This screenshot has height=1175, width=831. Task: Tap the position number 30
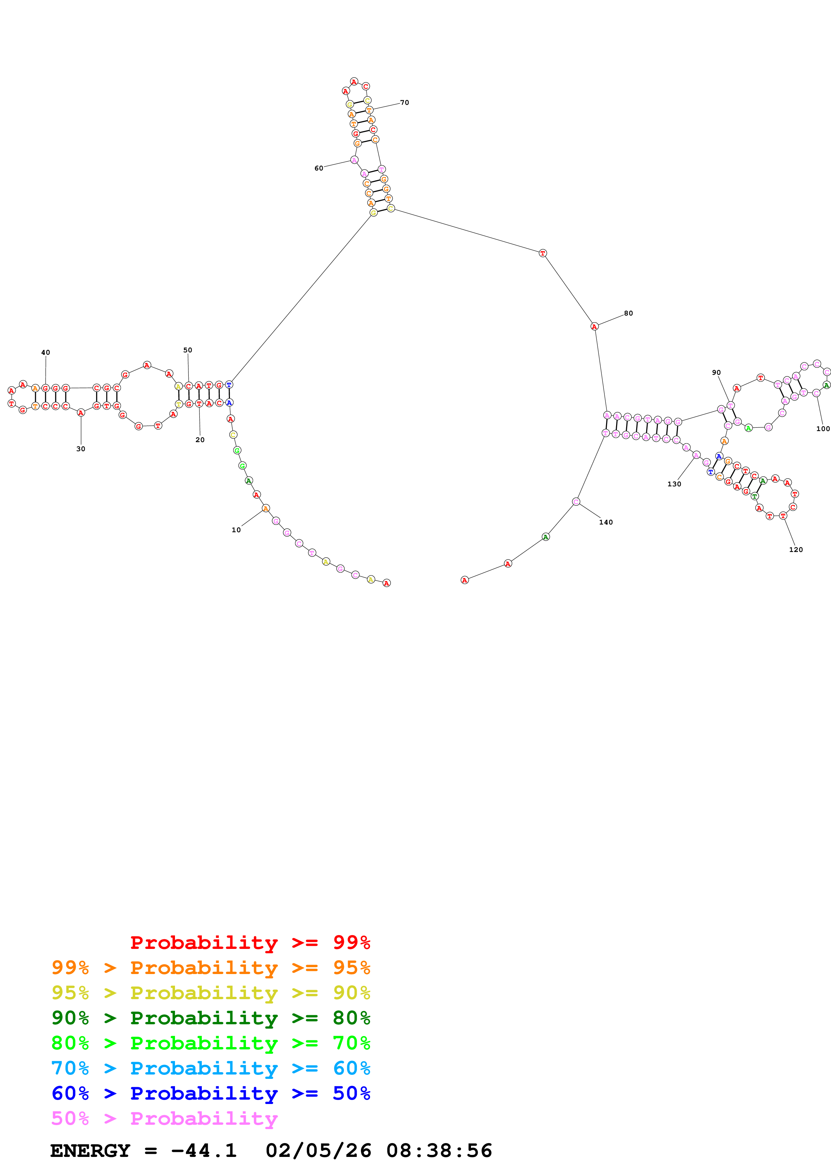(x=81, y=449)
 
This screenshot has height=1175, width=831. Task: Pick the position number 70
(x=405, y=102)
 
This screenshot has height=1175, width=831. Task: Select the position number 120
(x=796, y=550)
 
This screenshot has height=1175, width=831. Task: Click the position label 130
(x=674, y=484)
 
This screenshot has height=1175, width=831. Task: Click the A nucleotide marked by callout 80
(x=594, y=327)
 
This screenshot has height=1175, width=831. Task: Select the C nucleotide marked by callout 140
(x=576, y=501)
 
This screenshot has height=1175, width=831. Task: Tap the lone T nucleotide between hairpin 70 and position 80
(x=543, y=253)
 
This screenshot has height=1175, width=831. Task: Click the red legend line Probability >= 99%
(x=250, y=942)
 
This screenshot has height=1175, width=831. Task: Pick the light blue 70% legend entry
(x=211, y=1068)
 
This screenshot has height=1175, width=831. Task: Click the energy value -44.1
(x=204, y=1151)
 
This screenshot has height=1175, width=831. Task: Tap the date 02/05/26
(x=318, y=1151)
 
